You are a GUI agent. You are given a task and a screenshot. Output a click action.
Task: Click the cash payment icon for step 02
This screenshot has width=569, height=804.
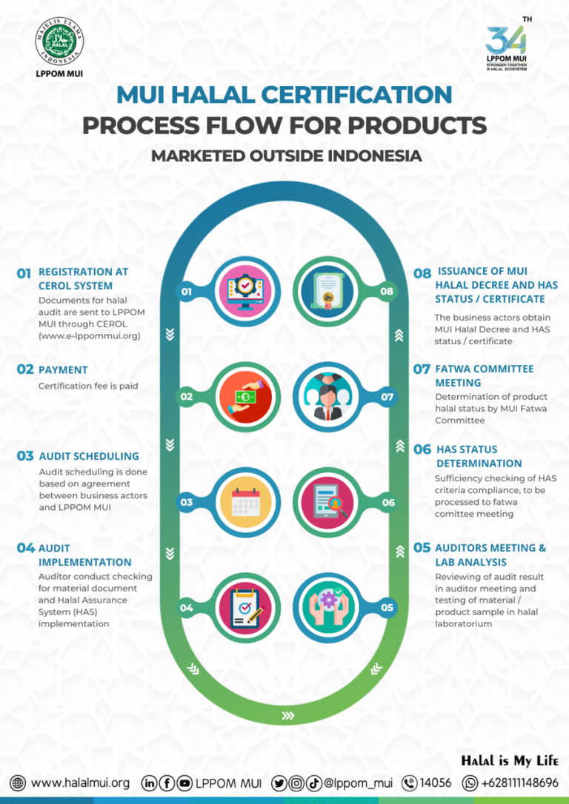click(245, 397)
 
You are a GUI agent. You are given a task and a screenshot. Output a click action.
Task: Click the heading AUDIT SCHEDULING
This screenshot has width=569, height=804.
click(89, 456)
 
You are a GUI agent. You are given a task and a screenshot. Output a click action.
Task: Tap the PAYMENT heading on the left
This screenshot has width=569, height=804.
click(63, 369)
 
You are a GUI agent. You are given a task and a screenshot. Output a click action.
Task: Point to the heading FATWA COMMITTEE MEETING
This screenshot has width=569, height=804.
click(484, 375)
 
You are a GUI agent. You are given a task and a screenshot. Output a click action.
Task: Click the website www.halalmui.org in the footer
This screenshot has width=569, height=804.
click(80, 783)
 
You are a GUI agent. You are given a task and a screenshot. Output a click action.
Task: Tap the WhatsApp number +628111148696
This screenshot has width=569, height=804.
click(519, 783)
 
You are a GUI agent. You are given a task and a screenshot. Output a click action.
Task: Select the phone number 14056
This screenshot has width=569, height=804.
click(435, 783)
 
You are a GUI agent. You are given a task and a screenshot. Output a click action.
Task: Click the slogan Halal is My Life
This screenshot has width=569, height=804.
click(510, 760)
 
